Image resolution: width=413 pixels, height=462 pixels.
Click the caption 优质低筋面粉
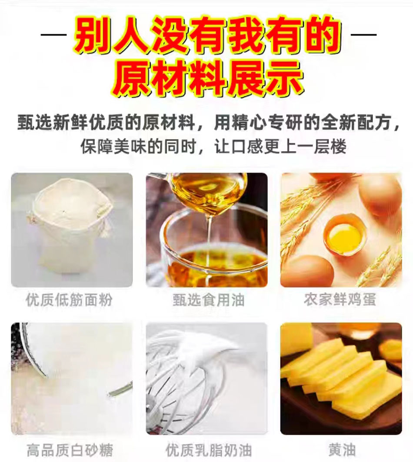(69, 300)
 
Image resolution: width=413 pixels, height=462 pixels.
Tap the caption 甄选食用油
(208, 300)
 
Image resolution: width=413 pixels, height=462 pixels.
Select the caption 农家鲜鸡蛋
(340, 299)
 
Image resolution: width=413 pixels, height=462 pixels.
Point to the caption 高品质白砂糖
(70, 450)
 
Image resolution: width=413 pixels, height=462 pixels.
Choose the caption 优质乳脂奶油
(209, 450)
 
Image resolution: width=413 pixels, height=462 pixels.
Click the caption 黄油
(342, 450)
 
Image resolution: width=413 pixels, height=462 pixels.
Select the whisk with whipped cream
(189, 380)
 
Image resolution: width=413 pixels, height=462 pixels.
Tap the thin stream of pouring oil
(210, 233)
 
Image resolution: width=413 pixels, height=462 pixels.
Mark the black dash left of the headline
(53, 34)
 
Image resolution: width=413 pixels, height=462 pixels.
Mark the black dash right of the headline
(363, 34)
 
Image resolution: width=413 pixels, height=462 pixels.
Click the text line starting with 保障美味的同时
(213, 146)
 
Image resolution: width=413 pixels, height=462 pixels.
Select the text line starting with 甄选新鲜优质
(209, 122)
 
